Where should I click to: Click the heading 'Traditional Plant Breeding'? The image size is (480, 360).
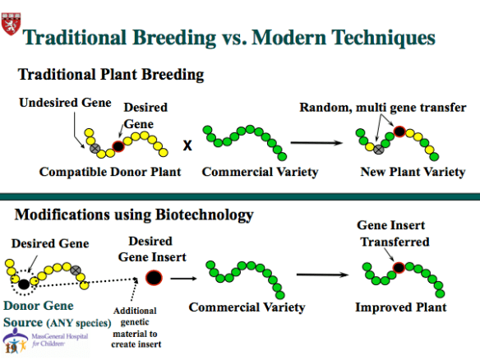111,75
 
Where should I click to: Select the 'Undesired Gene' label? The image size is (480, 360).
54,103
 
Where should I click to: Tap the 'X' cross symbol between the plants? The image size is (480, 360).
187,145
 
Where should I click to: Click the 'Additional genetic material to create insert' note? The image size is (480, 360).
141,326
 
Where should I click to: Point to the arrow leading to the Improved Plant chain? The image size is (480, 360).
323,275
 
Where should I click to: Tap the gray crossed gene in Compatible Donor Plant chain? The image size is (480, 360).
95,148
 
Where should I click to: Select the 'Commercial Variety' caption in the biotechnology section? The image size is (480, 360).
247,307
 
